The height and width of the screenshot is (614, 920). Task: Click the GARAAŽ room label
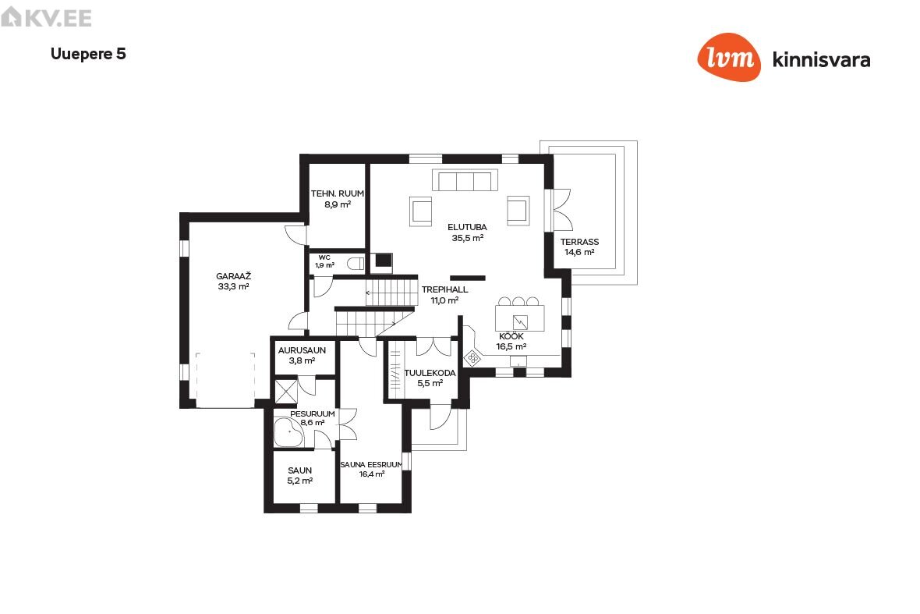(234, 276)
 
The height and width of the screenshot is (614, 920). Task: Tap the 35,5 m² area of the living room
(467, 238)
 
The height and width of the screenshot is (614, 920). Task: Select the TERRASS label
(580, 242)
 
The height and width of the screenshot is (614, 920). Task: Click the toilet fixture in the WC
(356, 263)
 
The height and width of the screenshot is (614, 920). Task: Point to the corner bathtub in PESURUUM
(288, 433)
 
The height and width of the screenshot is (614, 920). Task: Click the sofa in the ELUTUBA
(465, 180)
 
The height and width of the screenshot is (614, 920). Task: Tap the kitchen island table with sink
(520, 319)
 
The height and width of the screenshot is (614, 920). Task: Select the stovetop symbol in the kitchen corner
(472, 358)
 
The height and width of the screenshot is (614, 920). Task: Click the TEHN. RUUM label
(338, 193)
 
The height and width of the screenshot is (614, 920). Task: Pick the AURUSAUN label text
(303, 350)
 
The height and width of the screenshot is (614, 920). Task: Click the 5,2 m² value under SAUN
(300, 481)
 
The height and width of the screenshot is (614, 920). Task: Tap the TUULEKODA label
(430, 373)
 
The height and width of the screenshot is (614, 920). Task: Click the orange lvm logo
(729, 57)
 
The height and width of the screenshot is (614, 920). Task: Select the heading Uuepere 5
(89, 54)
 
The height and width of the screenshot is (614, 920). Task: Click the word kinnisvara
(822, 60)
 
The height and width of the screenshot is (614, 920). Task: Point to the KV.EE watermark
(46, 18)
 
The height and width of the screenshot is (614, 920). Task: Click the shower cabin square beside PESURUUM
(285, 392)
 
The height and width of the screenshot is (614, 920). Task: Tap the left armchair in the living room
(421, 211)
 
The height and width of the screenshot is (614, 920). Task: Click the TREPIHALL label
(444, 289)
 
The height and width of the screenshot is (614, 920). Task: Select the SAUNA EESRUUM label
(371, 464)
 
